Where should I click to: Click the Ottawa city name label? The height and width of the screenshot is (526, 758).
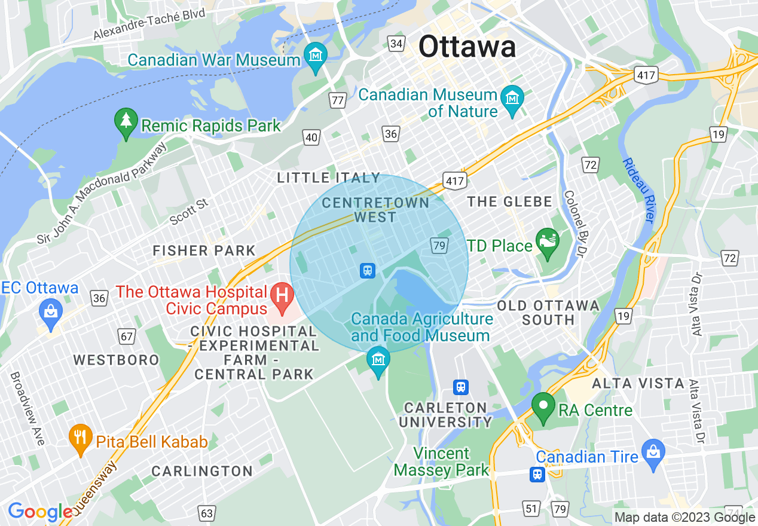coord(467,47)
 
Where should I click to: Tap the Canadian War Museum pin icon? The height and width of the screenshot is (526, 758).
coord(315,56)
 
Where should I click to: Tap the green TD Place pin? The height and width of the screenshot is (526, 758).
coord(547,243)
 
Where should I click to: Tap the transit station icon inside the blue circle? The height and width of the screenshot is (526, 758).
coord(367,271)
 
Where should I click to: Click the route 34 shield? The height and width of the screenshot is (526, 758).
coord(396,43)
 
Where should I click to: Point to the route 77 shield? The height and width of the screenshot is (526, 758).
coord(338,100)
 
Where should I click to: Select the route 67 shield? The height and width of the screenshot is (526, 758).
coord(127,337)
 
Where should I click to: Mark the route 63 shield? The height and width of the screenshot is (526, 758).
coord(207,513)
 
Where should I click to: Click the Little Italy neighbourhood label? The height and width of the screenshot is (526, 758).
coord(329,178)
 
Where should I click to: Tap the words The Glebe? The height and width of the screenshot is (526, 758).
coord(509,202)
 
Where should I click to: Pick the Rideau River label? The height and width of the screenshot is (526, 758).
coord(638,191)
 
